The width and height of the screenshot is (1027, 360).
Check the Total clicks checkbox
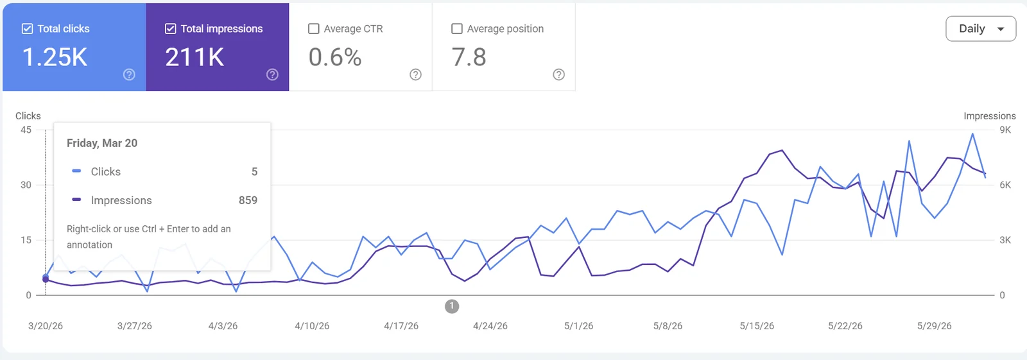point(27,29)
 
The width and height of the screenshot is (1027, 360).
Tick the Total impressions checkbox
point(170,29)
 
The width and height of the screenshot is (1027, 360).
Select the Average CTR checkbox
point(314,29)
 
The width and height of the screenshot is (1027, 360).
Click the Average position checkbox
point(456,29)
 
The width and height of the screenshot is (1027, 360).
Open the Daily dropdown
point(981,29)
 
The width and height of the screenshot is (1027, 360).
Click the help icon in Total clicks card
point(129,74)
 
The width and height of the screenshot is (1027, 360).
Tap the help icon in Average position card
point(558,74)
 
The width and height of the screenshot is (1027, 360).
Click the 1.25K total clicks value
point(55,57)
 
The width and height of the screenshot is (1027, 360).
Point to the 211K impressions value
point(194,57)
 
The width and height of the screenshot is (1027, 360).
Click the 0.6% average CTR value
point(334,57)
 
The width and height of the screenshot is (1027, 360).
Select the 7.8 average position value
point(469,57)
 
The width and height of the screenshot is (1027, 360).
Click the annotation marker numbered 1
point(452,306)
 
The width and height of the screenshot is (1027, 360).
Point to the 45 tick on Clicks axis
point(26,130)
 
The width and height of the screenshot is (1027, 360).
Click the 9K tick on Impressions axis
point(1005,130)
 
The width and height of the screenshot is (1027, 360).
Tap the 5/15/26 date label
point(757,326)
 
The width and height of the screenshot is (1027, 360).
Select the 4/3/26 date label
point(223,326)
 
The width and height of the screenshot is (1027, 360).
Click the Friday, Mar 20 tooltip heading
point(102,143)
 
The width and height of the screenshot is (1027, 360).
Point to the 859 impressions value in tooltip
point(248,200)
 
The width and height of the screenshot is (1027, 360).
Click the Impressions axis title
point(989,116)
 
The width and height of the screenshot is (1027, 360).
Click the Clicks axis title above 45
point(28,116)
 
